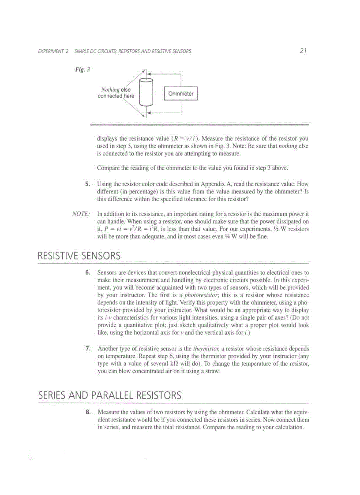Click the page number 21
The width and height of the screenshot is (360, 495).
[x=303, y=51]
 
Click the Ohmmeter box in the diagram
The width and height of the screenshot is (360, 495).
[x=181, y=93]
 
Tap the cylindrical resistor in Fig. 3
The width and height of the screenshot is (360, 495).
[x=146, y=93]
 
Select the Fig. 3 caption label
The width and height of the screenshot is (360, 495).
[x=82, y=70]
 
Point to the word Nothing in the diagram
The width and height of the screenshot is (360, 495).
[x=110, y=89]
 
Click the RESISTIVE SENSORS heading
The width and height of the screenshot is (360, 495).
[x=79, y=256]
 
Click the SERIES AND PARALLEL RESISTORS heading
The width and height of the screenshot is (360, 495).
[x=110, y=395]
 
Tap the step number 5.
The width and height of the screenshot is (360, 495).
[x=88, y=184]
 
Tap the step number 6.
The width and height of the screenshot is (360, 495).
[x=88, y=273]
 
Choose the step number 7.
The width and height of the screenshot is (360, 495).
[x=88, y=349]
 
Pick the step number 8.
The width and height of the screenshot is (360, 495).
[x=88, y=413]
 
